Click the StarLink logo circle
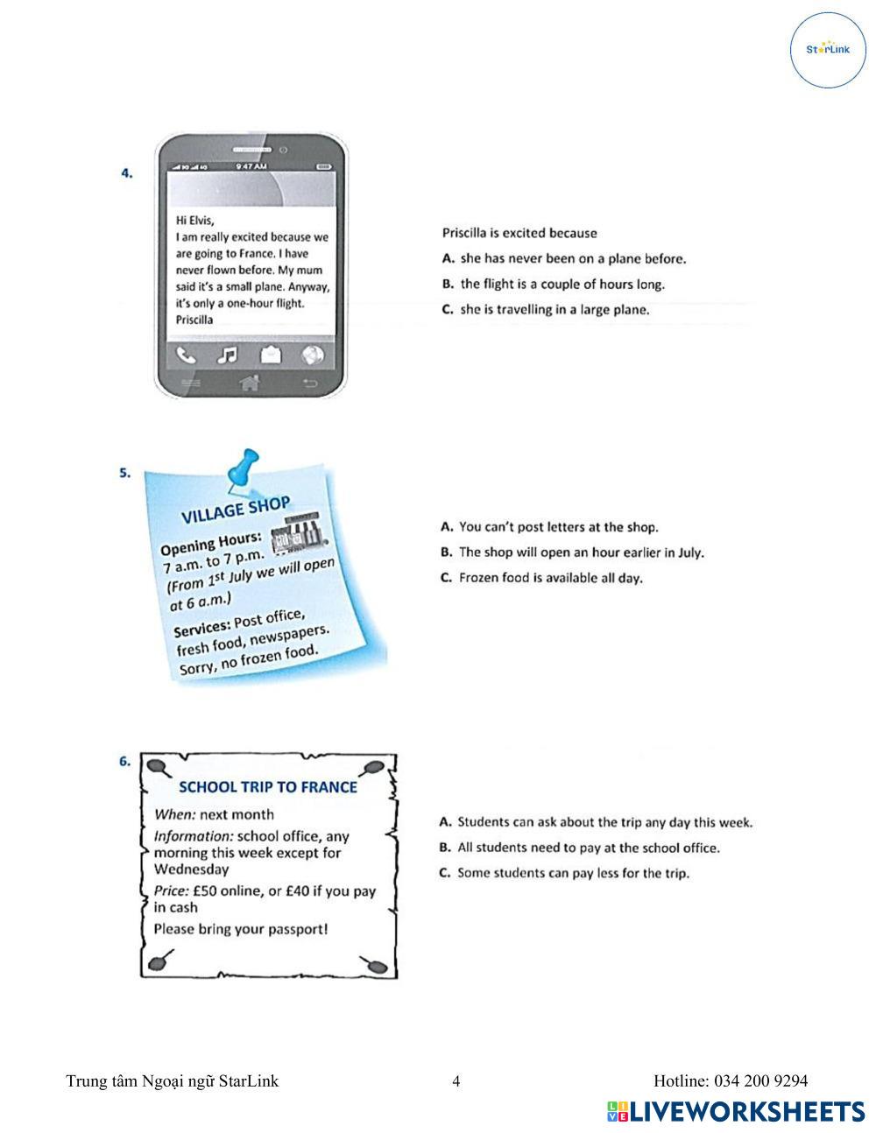click(x=828, y=50)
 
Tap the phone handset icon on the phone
click(x=186, y=355)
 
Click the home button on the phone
click(x=250, y=383)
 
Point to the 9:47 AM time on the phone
click(x=251, y=165)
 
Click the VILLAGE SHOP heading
click(x=235, y=509)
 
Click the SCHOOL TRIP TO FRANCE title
click(x=268, y=787)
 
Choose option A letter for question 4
click(x=448, y=259)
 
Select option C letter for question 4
click(x=448, y=310)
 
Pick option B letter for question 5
click(x=446, y=552)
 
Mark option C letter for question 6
click(x=445, y=873)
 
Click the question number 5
click(x=124, y=473)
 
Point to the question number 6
click(x=124, y=761)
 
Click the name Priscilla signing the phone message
click(x=194, y=320)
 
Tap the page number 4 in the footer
click(x=456, y=1081)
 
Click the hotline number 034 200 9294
click(x=760, y=1081)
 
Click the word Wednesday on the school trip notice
click(x=191, y=869)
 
